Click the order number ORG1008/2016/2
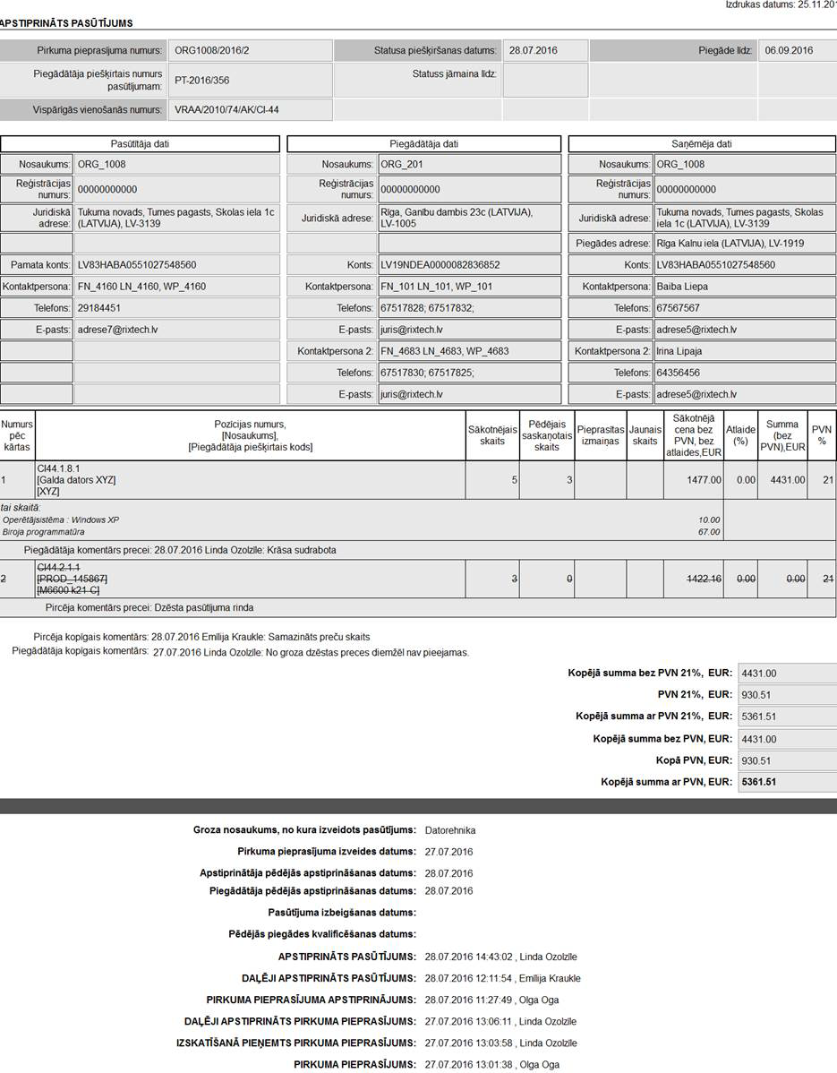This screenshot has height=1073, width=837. (212, 50)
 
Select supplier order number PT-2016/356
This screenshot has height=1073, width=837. (202, 81)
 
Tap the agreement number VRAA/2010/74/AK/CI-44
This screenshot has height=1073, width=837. (226, 110)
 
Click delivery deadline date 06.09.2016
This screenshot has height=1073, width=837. (789, 50)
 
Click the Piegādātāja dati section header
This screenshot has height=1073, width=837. (424, 144)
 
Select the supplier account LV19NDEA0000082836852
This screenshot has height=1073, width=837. (440, 265)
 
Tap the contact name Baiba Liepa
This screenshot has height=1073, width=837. (682, 287)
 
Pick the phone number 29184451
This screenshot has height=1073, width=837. (99, 308)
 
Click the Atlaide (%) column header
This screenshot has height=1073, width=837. (740, 435)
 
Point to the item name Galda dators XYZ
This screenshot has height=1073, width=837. (76, 480)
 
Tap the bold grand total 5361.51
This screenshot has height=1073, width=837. (758, 782)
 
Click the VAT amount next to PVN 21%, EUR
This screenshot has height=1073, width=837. (757, 694)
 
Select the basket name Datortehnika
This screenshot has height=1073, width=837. (450, 830)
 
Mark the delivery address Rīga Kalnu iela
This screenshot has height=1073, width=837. (730, 244)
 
